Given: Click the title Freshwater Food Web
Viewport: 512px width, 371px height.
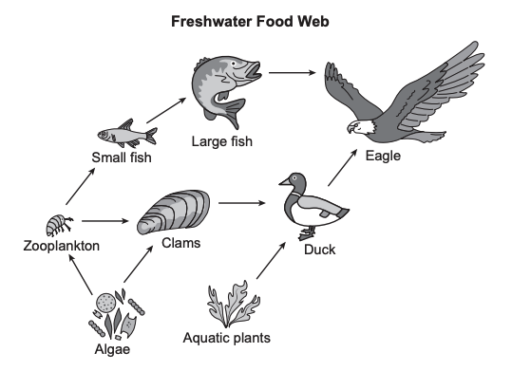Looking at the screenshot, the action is click(250, 22).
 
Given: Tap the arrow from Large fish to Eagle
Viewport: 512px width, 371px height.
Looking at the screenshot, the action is click(293, 72).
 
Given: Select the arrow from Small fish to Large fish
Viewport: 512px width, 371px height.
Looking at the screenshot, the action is click(166, 110).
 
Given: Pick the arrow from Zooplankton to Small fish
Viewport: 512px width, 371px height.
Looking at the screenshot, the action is click(81, 186).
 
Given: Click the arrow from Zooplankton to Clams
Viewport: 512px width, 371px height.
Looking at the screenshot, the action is click(105, 221).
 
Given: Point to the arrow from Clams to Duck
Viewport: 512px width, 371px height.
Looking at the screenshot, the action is click(242, 203).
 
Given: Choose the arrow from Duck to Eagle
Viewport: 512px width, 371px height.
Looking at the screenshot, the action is click(342, 168).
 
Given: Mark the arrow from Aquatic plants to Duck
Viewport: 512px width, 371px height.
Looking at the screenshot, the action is click(271, 260).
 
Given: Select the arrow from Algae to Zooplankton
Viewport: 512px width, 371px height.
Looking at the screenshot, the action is click(81, 274).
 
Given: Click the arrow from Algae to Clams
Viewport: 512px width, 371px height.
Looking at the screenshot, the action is click(138, 264).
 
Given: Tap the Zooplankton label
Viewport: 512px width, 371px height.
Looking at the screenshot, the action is click(62, 246).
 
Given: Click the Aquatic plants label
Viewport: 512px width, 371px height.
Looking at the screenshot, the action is click(227, 338).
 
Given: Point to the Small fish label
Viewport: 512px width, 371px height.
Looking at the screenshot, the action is click(122, 158).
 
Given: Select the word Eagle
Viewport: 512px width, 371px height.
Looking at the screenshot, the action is click(383, 156).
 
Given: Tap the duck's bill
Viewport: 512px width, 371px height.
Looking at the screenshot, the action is click(284, 181).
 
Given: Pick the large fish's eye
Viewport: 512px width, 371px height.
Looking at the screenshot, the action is click(233, 64).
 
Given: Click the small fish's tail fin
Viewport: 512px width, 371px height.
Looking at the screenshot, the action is click(151, 136).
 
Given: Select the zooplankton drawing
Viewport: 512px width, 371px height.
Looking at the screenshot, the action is click(59, 225).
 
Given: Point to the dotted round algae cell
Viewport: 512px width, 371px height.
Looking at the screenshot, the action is click(105, 303).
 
